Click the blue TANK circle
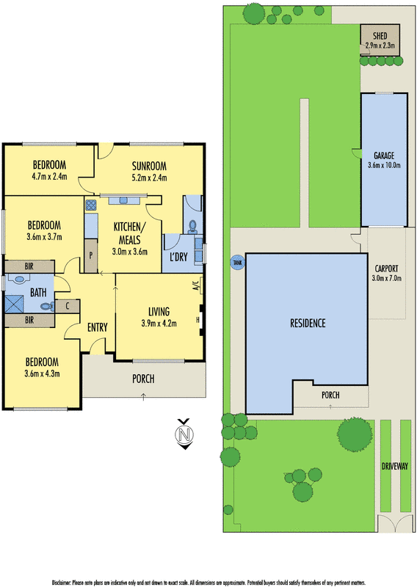(x=236, y=262)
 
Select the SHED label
(x=380, y=37)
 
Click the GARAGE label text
(x=385, y=156)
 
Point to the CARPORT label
(x=387, y=268)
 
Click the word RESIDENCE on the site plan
(x=307, y=323)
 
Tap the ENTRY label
(x=98, y=327)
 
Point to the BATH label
(x=39, y=293)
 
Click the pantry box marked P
(x=90, y=256)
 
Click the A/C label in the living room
(x=196, y=287)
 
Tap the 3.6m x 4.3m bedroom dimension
(x=41, y=373)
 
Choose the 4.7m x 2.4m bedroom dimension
(x=49, y=176)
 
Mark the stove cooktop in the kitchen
(x=91, y=205)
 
